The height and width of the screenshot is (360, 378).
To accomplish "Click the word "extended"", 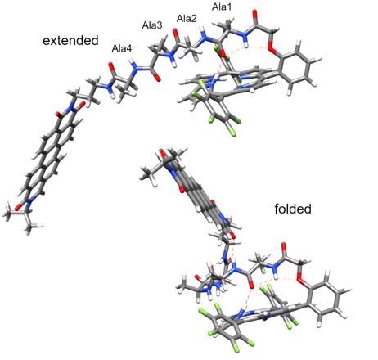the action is coord(70,41).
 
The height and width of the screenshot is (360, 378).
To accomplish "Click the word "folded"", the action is coord(293,209).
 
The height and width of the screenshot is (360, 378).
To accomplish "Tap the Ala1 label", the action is coord(222,7).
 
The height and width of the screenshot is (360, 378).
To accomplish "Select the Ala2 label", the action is coord(187,19).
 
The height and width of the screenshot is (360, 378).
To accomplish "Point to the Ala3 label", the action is coord(152,25).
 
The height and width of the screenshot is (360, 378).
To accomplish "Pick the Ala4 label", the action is coord(122,48).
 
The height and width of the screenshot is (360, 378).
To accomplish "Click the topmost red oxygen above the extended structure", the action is coord(255,14).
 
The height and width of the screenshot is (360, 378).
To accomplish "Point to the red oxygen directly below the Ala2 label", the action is coord(176,34).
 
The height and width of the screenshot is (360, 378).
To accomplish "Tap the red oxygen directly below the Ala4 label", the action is coord(111,66).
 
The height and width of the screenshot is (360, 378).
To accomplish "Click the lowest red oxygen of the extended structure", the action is coord(18,206).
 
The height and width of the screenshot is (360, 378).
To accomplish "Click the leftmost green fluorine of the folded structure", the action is coord(202,311).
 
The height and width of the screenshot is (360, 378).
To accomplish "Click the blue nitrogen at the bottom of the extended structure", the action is coord(28,203).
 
